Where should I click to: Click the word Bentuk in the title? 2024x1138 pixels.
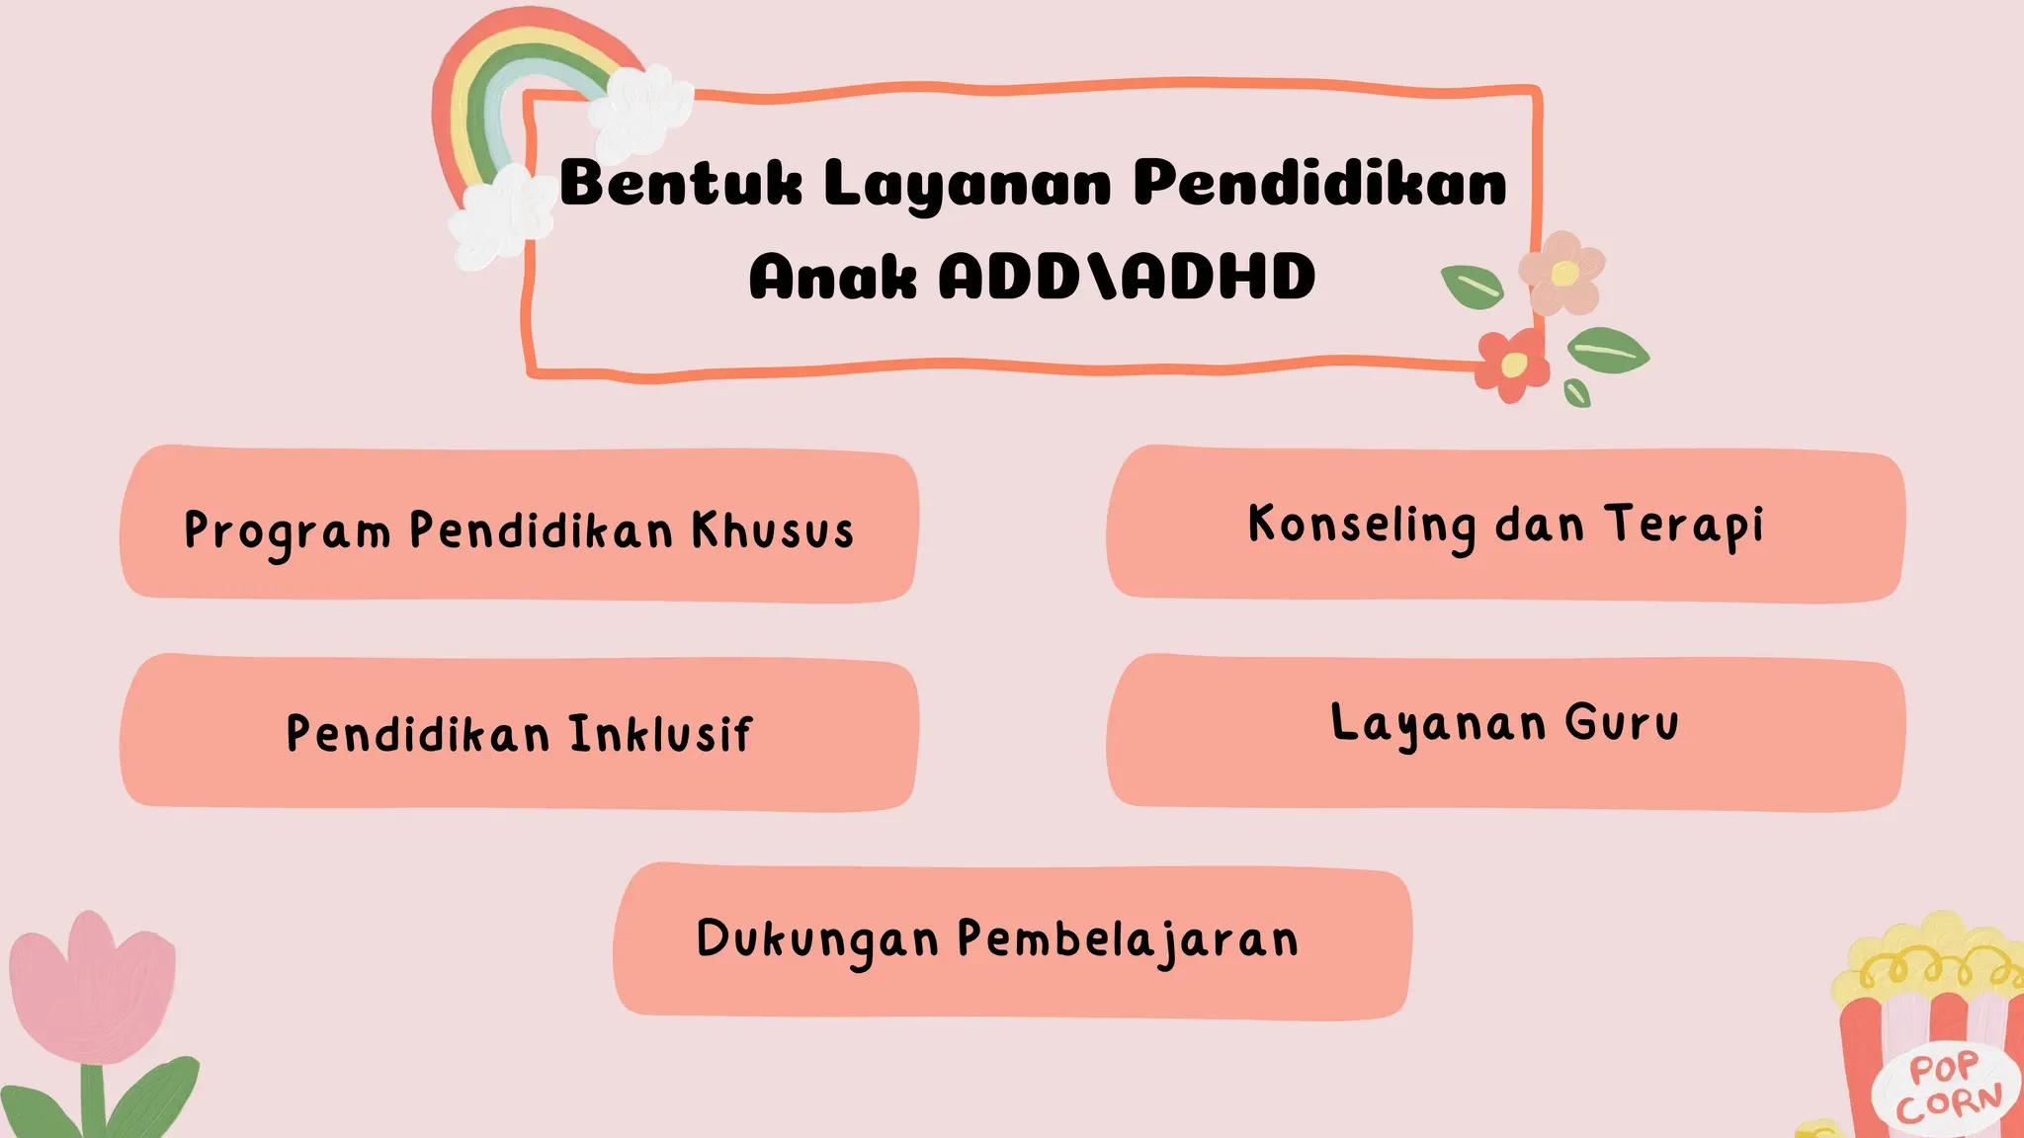point(681,184)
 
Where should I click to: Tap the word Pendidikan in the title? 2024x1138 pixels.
point(1319,184)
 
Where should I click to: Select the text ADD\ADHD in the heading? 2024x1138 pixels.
point(1127,277)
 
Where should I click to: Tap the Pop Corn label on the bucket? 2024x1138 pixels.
point(1947,1087)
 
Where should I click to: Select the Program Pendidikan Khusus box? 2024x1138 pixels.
point(519,524)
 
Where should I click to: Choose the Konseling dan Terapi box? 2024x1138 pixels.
point(1505,524)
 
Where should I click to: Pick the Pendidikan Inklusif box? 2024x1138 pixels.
point(519,732)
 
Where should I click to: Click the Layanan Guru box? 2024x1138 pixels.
point(1505,732)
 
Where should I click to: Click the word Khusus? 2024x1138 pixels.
point(772,530)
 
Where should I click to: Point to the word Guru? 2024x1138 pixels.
point(1622,722)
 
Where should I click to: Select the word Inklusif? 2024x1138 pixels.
point(660,734)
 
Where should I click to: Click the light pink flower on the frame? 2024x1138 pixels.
point(1561,273)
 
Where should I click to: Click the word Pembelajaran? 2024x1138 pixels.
point(1128,939)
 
